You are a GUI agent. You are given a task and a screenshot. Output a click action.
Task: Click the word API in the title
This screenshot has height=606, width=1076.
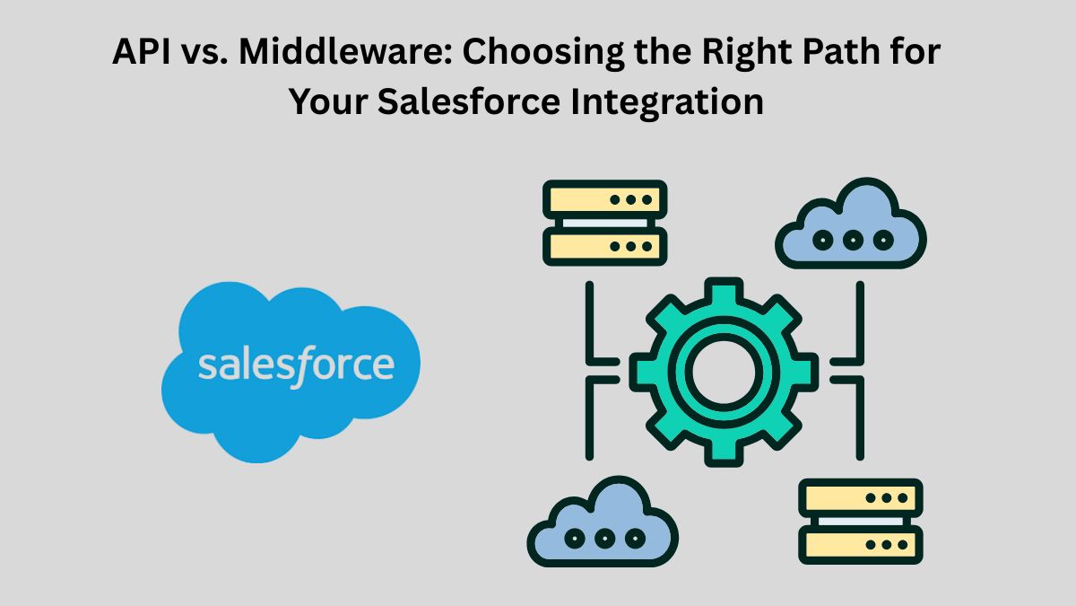(x=142, y=51)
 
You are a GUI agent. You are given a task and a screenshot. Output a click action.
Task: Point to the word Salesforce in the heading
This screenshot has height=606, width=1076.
(x=469, y=101)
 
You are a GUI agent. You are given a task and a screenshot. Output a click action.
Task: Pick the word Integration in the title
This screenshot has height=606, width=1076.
(x=667, y=104)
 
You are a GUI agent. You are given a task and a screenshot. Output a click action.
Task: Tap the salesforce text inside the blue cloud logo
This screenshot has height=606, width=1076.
(x=297, y=366)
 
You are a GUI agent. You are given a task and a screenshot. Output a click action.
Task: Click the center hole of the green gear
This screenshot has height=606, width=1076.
(x=724, y=373)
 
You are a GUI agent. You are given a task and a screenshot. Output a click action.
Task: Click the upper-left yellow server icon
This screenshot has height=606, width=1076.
(x=604, y=223)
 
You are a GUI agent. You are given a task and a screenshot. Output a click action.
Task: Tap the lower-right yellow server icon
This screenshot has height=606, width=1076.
(x=860, y=521)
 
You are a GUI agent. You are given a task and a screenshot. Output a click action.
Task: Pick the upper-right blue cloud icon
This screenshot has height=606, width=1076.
(x=851, y=224)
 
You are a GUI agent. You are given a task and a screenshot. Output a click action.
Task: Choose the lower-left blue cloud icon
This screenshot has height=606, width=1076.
(x=603, y=522)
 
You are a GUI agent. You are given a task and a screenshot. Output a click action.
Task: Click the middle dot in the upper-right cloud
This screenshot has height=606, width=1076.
(x=853, y=240)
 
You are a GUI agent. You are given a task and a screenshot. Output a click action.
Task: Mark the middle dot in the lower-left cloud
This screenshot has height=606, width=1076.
(x=604, y=538)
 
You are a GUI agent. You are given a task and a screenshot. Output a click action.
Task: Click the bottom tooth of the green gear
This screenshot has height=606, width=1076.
(x=724, y=452)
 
